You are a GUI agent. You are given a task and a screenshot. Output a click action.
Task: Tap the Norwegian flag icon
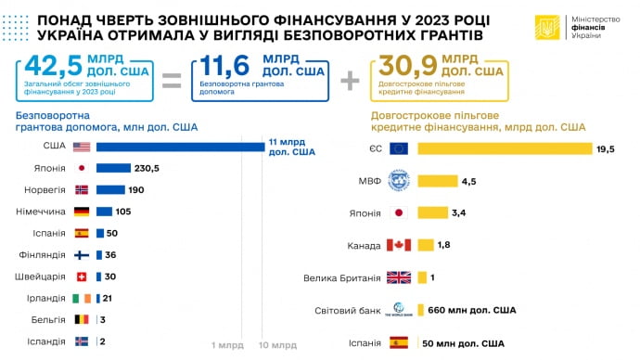pyautogui.click(x=81, y=189)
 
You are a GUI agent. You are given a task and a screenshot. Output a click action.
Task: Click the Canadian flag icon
pyautogui.click(x=399, y=245)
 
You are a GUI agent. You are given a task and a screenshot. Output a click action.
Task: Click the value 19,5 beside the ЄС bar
pyautogui.click(x=606, y=148)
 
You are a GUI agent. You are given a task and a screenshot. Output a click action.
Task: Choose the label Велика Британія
pyautogui.click(x=342, y=277)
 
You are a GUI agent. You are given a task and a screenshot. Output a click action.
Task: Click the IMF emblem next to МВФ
pyautogui.click(x=399, y=181)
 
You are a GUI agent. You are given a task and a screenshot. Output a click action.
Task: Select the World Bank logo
pyautogui.click(x=399, y=310)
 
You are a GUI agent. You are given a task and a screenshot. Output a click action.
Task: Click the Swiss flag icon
pyautogui.click(x=81, y=276)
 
